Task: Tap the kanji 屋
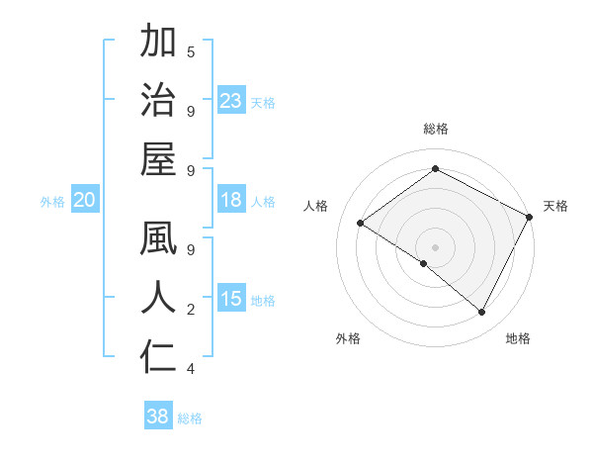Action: click(158, 159)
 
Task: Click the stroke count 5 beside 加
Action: click(191, 51)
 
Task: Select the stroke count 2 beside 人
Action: click(191, 310)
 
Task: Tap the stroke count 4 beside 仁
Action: click(191, 369)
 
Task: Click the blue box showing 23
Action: click(231, 101)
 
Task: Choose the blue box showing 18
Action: click(231, 201)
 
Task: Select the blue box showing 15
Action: click(231, 300)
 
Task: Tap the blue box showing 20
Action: click(84, 201)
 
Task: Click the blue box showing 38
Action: click(158, 418)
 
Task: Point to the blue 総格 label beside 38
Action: click(190, 418)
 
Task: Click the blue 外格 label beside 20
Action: click(52, 202)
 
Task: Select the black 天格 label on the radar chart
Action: click(555, 206)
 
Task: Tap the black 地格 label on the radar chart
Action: click(518, 339)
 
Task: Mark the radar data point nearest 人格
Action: click(361, 224)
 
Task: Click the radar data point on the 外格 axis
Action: click(424, 263)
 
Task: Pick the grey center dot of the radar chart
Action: click(435, 246)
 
